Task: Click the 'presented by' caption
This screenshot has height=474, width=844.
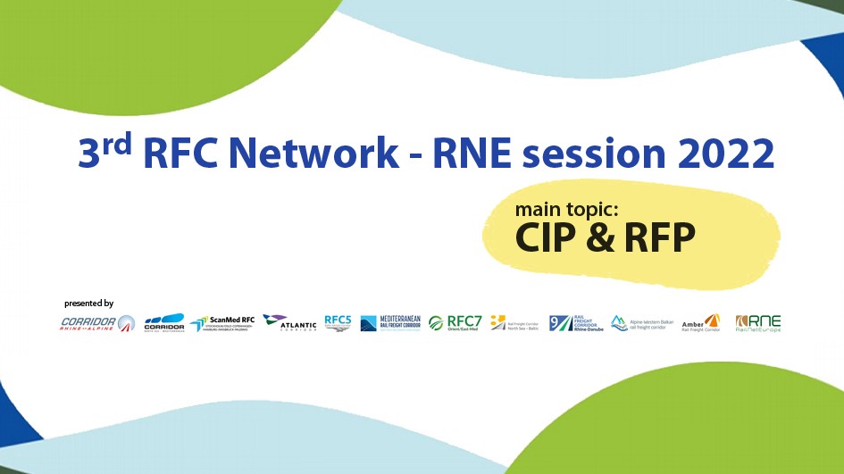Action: coord(89,304)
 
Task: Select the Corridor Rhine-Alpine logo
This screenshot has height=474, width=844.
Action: coord(97,323)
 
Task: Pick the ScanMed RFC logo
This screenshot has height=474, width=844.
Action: coord(222,323)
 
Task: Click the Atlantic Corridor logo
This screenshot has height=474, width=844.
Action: coord(289,322)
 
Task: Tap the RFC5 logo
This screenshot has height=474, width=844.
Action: coord(338,322)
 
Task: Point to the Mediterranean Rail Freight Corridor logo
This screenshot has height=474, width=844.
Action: coord(390,323)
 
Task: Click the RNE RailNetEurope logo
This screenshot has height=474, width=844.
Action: coord(758,323)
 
